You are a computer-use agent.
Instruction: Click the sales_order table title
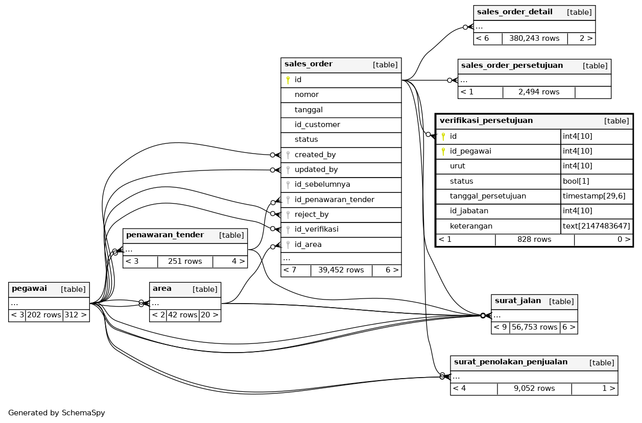(308, 64)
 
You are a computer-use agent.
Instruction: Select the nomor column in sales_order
(306, 95)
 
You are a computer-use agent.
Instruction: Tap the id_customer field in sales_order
(317, 125)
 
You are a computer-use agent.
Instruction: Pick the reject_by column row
(312, 214)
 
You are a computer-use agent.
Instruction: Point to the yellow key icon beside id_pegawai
(443, 151)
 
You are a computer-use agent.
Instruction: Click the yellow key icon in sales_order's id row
(288, 80)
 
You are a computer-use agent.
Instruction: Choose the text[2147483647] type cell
(596, 226)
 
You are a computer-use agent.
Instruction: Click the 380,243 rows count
(534, 38)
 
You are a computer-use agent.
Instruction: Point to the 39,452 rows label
(341, 270)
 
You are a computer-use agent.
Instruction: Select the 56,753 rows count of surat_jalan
(534, 327)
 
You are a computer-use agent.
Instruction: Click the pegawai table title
(29, 289)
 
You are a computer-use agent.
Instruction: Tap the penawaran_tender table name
(164, 235)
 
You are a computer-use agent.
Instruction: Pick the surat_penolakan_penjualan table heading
(510, 362)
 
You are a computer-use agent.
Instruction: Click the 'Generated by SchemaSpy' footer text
(57, 413)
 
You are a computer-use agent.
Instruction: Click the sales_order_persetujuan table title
(512, 66)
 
